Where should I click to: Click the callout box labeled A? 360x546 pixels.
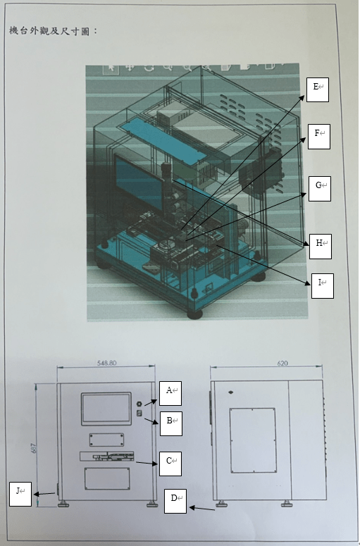click(170, 393)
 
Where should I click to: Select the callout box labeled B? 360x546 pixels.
click(171, 423)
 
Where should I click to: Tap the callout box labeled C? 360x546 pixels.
click(170, 464)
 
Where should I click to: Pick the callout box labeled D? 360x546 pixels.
click(175, 501)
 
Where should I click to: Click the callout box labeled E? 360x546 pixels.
click(318, 89)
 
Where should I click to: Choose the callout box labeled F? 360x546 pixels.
click(319, 137)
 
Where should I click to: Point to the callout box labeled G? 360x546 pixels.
click(320, 188)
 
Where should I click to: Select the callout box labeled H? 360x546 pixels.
click(321, 246)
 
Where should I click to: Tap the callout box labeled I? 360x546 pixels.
click(323, 285)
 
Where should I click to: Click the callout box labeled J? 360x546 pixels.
click(20, 494)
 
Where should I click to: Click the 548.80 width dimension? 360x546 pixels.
click(106, 363)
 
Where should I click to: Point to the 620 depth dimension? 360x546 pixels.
click(283, 364)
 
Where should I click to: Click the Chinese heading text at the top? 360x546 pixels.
click(54, 31)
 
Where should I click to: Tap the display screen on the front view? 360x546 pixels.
click(106, 409)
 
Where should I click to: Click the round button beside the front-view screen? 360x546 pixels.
click(139, 404)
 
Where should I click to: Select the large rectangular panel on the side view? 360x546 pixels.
click(253, 440)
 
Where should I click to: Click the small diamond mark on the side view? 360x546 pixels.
click(230, 392)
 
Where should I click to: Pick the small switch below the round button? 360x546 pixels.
click(139, 413)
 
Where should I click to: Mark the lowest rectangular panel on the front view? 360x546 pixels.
click(107, 478)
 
